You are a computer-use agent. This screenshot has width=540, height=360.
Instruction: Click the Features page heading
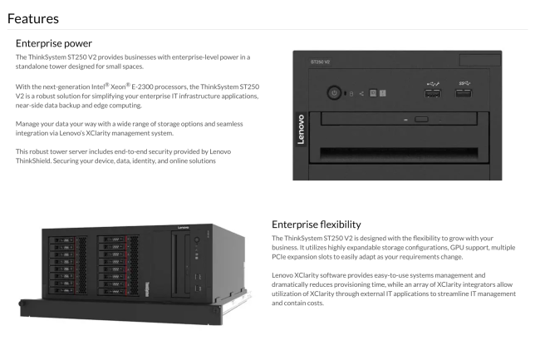[34, 17]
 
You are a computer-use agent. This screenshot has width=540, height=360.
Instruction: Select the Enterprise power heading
[54, 42]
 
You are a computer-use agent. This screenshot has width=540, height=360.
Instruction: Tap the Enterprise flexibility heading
[316, 224]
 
